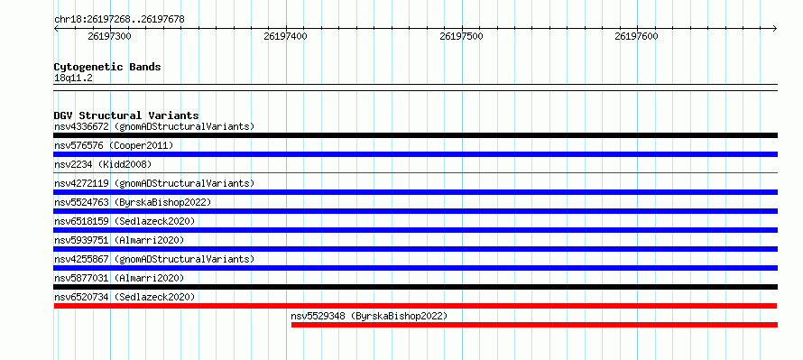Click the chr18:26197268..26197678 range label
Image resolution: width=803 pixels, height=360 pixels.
119,20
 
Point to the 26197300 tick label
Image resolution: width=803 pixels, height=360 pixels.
109,36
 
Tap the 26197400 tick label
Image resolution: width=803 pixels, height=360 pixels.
286,36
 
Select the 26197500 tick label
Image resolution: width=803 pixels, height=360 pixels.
461,36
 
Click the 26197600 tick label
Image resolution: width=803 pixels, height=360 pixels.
637,36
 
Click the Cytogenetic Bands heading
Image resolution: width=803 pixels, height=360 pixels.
107,67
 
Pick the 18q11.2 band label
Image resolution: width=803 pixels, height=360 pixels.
74,78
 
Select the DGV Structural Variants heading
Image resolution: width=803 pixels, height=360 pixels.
126,115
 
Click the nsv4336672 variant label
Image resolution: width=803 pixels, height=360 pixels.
154,126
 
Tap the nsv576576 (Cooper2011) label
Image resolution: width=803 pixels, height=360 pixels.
114,145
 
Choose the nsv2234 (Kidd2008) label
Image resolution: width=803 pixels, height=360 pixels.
103,164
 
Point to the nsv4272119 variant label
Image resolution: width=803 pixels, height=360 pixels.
154,183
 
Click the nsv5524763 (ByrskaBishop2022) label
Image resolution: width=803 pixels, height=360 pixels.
133,202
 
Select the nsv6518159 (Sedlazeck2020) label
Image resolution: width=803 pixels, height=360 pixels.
125,221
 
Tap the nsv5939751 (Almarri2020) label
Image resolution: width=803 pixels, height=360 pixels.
119,240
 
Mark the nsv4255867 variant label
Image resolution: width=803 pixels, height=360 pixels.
154,259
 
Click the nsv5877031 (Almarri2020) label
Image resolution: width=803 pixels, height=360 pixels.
119,278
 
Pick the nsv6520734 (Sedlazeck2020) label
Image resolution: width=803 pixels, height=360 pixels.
125,297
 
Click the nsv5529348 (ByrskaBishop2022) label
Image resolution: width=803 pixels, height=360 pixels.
369,316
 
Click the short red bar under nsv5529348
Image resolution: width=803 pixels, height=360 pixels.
534,325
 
